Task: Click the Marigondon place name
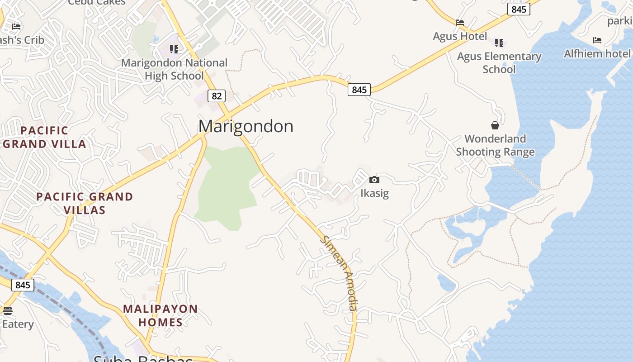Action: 246,126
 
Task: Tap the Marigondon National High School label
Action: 174,69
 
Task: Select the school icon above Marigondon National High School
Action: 174,49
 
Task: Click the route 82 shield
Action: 217,95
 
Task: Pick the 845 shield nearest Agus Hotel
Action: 518,9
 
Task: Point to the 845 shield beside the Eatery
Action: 22,285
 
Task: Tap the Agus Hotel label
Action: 460,36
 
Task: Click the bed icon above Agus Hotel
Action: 460,23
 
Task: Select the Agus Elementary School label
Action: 499,63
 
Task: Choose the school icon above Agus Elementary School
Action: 499,43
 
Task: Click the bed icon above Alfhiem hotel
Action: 597,40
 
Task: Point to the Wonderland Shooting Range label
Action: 495,145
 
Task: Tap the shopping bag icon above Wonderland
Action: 495,125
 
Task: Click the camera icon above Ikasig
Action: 374,180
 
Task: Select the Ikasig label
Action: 374,193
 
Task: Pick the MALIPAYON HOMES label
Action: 161,315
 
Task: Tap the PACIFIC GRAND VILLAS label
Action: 85,203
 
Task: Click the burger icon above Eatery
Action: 7,311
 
